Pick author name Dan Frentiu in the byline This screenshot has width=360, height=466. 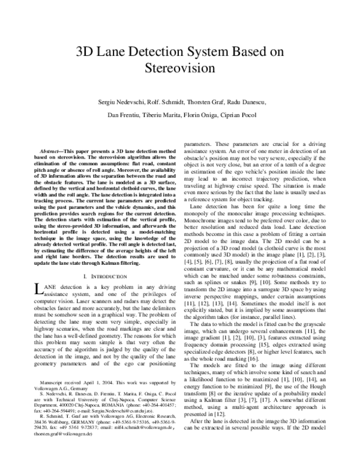pyautogui.click(x=119, y=113)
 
